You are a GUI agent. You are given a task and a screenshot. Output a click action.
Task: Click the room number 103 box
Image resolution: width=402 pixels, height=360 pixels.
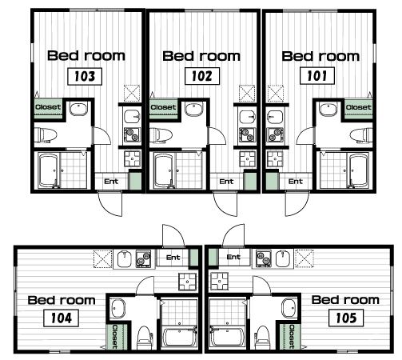pos(85,77)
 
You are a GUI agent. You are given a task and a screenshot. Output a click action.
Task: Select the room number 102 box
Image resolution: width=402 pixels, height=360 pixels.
pos(202,76)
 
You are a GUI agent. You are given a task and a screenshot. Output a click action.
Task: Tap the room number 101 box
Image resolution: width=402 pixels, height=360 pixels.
pos(317,76)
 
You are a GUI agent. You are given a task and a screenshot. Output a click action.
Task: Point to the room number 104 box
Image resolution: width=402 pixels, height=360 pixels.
pos(61,318)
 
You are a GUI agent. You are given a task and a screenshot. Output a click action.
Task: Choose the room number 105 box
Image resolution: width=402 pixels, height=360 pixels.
pos(346,318)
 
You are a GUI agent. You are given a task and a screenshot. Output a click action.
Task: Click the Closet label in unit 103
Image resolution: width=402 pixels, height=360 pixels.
pos(48,107)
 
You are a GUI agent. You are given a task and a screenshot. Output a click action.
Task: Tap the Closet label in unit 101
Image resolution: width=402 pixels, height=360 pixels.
pos(358,107)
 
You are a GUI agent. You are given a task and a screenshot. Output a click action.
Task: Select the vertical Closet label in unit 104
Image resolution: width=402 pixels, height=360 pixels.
pos(115,337)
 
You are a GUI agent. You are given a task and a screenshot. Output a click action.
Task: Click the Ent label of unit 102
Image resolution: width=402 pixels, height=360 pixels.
pos(226,182)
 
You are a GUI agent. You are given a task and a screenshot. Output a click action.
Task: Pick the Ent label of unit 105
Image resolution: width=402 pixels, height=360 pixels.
pos(233,257)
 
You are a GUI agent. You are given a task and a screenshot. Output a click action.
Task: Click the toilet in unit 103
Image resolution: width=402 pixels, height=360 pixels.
pos(46,135)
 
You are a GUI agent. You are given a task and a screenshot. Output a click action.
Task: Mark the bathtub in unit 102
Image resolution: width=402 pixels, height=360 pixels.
pos(164,170)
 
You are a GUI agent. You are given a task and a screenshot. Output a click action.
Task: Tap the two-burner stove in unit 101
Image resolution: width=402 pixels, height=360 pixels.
pos(276,134)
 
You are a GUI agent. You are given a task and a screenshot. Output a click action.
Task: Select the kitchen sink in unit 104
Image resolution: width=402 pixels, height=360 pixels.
pos(125,258)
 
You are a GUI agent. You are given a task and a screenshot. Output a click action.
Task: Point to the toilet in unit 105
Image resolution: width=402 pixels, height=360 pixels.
pos(262,338)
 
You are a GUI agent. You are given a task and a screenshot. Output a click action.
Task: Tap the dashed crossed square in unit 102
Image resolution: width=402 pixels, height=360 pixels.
pos(247,94)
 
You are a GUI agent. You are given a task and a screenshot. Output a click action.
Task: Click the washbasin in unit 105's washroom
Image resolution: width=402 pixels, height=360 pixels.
pos(289,308)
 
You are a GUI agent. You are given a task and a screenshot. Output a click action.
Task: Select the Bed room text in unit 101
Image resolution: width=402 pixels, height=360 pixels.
pos(320,56)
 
